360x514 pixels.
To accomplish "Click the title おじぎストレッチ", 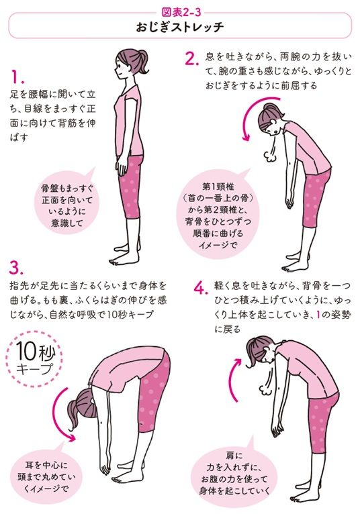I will [179, 29].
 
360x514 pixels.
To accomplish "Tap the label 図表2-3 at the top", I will [179, 11].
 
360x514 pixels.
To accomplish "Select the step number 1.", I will [18, 75].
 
